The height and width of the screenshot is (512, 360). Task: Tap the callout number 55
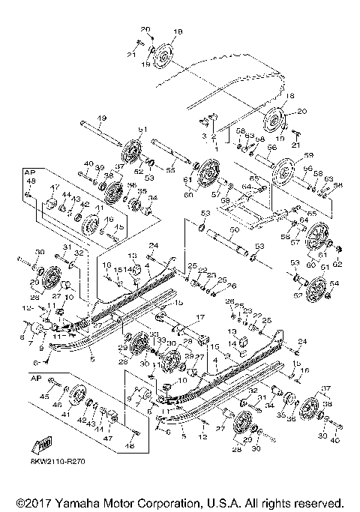point(171,171)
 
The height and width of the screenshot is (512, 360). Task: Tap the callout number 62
point(337,265)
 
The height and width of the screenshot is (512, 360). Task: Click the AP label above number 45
point(33,379)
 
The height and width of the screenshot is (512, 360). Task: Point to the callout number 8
point(22,338)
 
